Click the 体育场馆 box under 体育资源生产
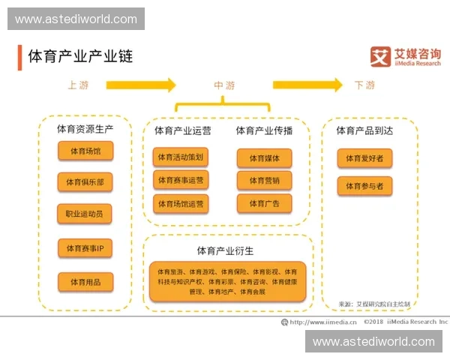(x=85, y=151)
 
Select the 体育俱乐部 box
(x=85, y=181)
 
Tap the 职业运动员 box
(x=85, y=214)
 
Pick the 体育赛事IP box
(x=85, y=248)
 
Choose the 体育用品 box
(x=85, y=282)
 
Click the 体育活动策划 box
(x=180, y=157)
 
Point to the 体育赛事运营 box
(x=180, y=180)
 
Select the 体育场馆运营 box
(x=180, y=203)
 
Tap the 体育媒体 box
(x=264, y=157)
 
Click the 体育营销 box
(x=264, y=180)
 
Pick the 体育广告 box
(x=264, y=203)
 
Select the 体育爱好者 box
(x=364, y=158)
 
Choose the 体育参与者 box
(x=364, y=185)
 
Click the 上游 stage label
(x=78, y=85)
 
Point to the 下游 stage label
(x=364, y=85)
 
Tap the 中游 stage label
(x=224, y=85)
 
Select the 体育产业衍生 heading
(x=225, y=250)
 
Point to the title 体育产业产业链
(x=80, y=56)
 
